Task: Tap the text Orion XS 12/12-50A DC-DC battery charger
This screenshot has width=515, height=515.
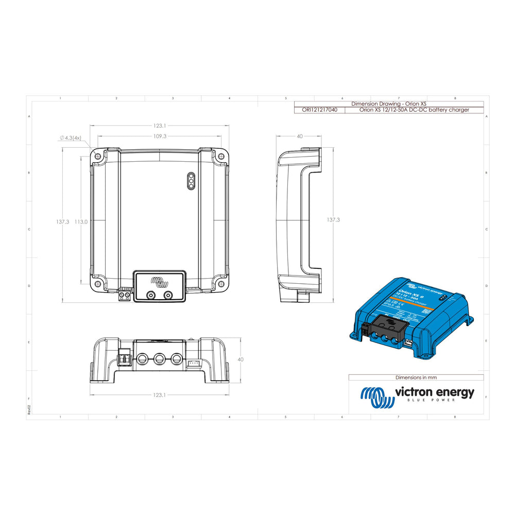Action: [414, 110]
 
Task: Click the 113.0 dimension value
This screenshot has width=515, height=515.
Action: [81, 221]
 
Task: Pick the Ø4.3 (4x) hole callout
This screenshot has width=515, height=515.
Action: [71, 138]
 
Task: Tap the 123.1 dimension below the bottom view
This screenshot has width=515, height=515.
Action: [159, 395]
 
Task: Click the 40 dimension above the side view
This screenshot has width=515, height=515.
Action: [300, 136]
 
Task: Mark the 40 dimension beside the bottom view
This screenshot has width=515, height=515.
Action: [241, 359]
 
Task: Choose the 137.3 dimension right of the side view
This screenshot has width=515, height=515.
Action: [333, 219]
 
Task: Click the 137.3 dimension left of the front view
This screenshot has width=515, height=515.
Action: [62, 221]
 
